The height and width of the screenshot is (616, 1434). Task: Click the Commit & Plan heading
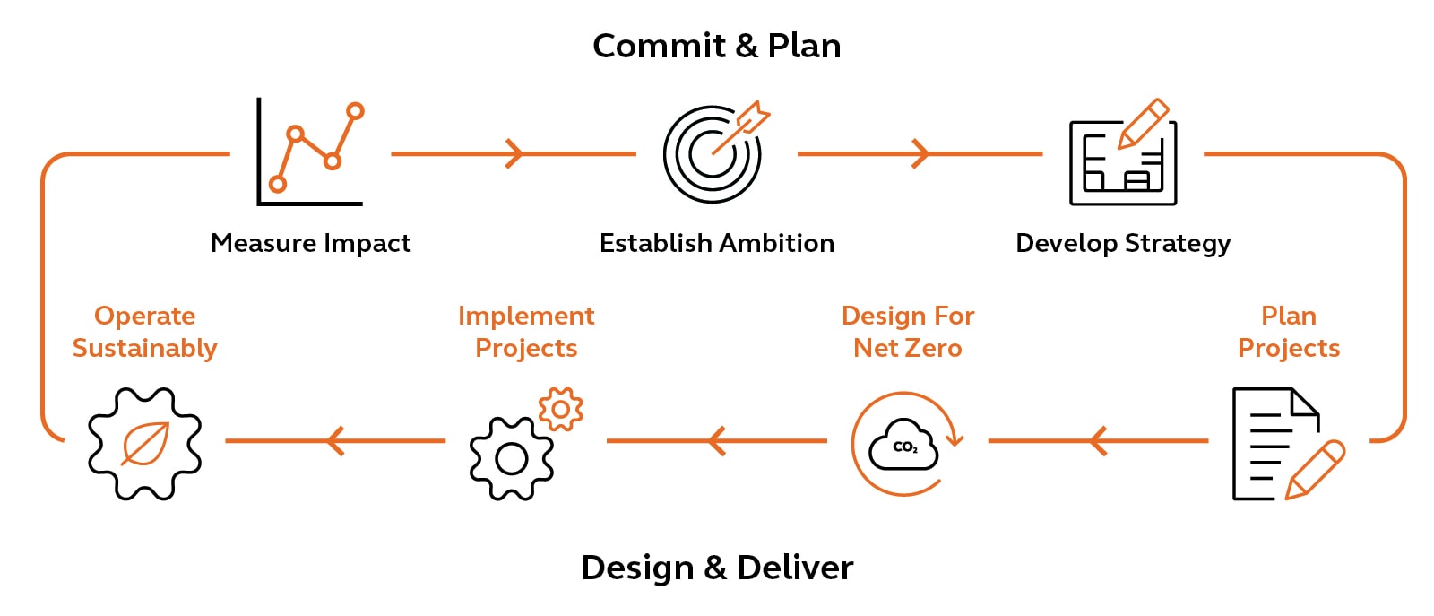pyautogui.click(x=716, y=46)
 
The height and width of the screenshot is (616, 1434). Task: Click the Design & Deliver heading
pyautogui.click(x=716, y=568)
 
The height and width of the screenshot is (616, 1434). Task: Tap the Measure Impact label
pyautogui.click(x=310, y=243)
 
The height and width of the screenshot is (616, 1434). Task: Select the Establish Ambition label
pyautogui.click(x=716, y=243)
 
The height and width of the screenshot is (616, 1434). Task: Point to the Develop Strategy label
pyautogui.click(x=1122, y=243)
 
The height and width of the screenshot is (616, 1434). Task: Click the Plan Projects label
pyautogui.click(x=1288, y=332)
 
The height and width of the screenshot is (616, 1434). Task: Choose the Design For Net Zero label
pyautogui.click(x=907, y=332)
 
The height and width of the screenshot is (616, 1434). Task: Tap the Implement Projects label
pyautogui.click(x=526, y=332)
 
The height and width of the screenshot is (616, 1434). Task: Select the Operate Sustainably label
pyautogui.click(x=144, y=332)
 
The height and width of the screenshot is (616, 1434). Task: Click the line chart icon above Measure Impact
pyautogui.click(x=310, y=152)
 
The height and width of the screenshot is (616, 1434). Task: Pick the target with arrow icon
pyautogui.click(x=713, y=152)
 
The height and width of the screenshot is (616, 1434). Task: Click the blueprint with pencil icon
pyautogui.click(x=1122, y=154)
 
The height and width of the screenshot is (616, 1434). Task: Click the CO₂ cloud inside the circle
pyautogui.click(x=903, y=446)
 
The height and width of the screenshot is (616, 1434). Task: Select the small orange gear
pyautogui.click(x=561, y=410)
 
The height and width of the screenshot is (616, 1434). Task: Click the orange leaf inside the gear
pyautogui.click(x=145, y=444)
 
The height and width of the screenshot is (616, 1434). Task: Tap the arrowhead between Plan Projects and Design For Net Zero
pyautogui.click(x=1097, y=440)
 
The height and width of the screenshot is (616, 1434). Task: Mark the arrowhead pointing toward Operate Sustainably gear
pyautogui.click(x=334, y=440)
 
